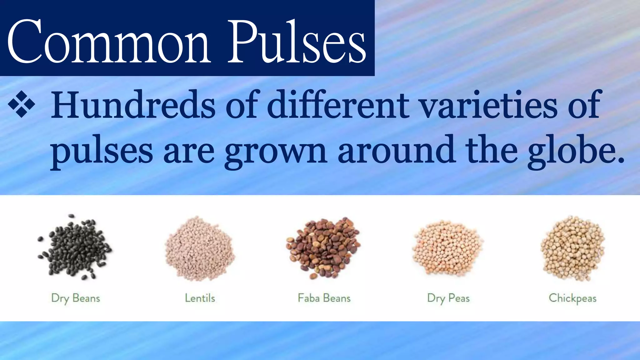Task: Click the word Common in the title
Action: pos(108,41)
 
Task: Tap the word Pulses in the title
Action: pos(297,41)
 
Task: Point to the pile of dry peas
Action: pos(447,248)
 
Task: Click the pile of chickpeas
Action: pos(573,248)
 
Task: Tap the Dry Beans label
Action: pos(76,298)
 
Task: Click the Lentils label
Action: pos(200,298)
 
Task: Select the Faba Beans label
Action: pos(324,298)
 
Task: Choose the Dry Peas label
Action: pos(448,298)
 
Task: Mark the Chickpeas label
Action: pos(572,298)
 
